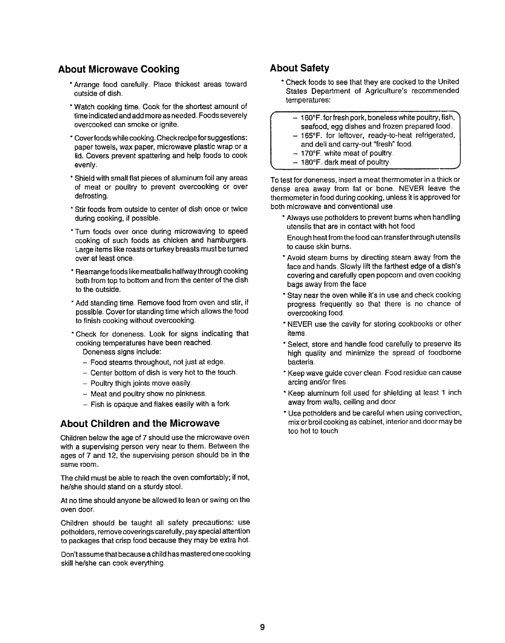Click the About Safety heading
[300, 67]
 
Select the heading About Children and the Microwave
[140, 423]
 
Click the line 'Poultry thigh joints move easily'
[140, 383]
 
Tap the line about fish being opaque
[161, 404]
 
